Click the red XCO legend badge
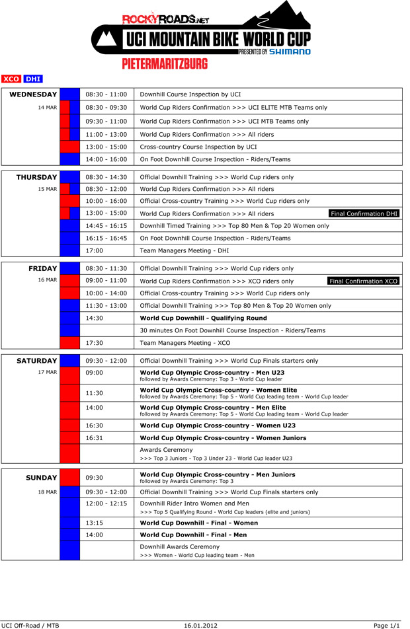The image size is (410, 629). click(x=11, y=79)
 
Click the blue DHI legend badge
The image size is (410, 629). click(x=33, y=79)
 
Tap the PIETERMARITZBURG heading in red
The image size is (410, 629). click(x=165, y=64)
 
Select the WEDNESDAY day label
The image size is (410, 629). click(x=33, y=94)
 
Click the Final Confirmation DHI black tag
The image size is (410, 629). click(x=364, y=213)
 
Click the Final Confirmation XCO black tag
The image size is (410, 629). click(x=364, y=281)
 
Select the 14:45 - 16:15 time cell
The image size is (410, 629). click(x=107, y=225)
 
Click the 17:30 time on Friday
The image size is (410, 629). click(x=95, y=343)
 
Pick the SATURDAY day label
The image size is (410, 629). click(x=37, y=361)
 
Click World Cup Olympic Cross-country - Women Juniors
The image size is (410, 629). click(x=223, y=438)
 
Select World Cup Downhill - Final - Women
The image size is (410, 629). click(x=198, y=523)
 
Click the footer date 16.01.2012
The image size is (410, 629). click(x=200, y=624)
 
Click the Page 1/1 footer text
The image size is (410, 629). click(x=387, y=624)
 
